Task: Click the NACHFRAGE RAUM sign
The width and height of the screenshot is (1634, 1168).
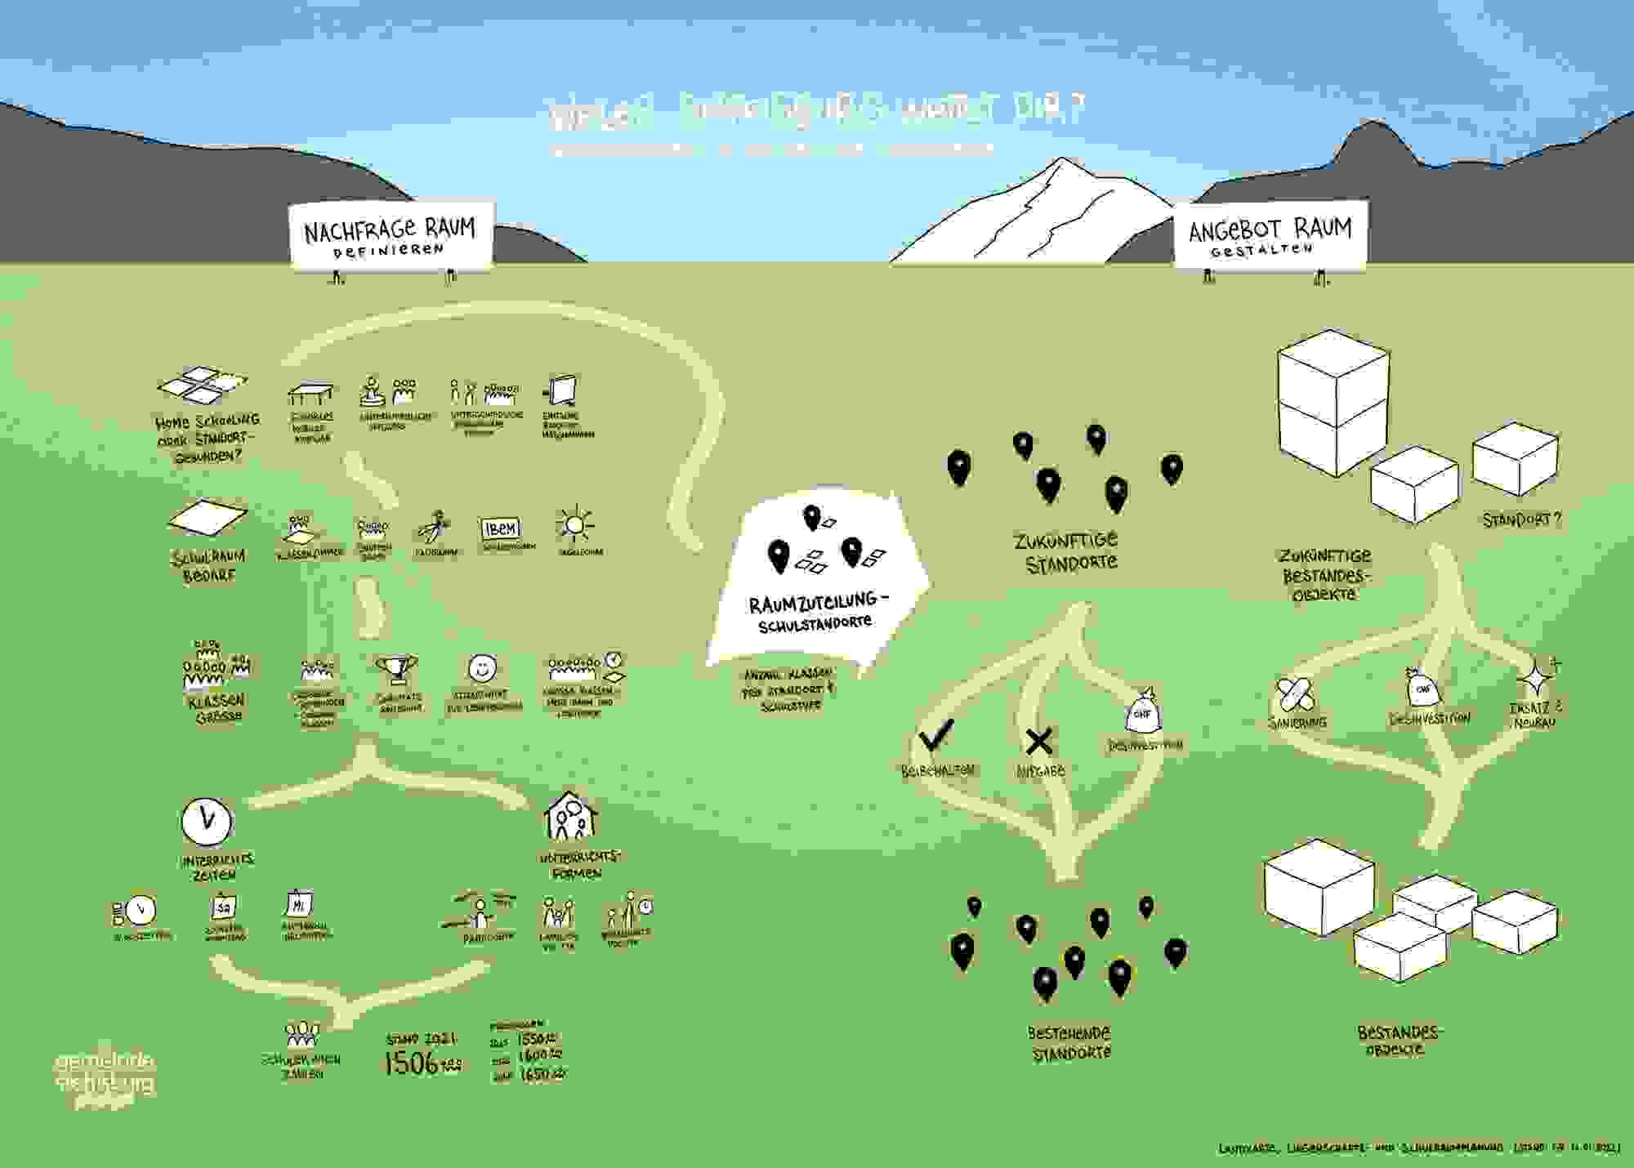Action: click(x=391, y=234)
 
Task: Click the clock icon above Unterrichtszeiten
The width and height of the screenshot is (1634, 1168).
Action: click(x=207, y=820)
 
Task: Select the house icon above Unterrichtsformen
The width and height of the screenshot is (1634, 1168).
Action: click(x=570, y=817)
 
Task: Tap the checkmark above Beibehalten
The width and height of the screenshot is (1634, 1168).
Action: click(x=936, y=734)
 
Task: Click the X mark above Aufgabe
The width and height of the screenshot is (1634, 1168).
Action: click(x=1038, y=741)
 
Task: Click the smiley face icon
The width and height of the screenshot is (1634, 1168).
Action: click(x=483, y=668)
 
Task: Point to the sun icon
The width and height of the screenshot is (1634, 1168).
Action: click(x=575, y=525)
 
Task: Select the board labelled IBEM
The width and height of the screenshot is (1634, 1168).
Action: click(x=501, y=528)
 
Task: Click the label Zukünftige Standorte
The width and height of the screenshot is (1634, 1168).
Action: click(x=1066, y=552)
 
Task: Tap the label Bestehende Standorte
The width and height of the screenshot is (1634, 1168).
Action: click(x=1069, y=1043)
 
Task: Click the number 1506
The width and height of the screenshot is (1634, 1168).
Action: click(x=413, y=1063)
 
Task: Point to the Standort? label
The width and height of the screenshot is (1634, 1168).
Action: click(x=1521, y=519)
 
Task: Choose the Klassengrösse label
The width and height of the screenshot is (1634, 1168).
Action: click(x=217, y=709)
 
